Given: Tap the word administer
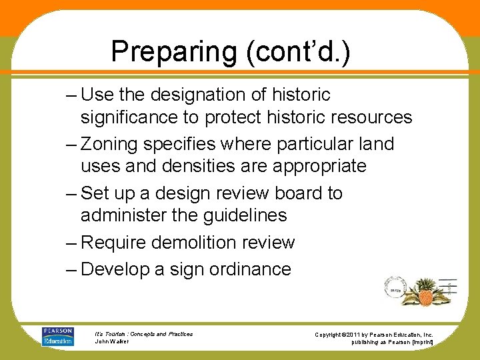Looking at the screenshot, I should coord(127,215).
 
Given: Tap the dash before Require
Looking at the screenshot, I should coord(72,242).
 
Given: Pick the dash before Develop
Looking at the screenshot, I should coord(72,269).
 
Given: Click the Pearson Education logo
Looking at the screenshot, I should coord(58,337).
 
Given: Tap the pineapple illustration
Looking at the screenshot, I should coord(425,292).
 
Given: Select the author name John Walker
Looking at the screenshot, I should coord(111,341).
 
